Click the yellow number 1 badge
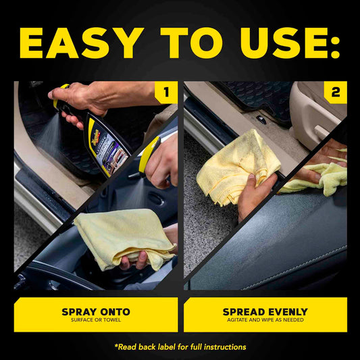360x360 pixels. coord(166,93)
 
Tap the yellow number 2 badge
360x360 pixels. coord(336,93)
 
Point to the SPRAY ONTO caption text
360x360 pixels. coord(96,311)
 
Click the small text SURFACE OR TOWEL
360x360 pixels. coord(96,320)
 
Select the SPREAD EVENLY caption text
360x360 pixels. coord(265,311)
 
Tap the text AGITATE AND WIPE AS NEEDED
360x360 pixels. coord(265,320)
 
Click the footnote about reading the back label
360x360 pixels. coord(180,346)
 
